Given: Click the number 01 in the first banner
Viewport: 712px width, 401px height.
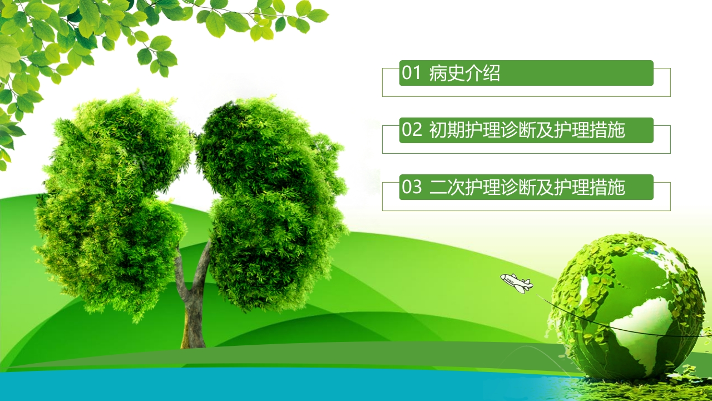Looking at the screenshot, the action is [411, 73].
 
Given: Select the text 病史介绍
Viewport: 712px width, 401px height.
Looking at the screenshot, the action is [464, 73].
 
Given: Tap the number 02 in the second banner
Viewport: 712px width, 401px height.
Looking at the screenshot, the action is [412, 130].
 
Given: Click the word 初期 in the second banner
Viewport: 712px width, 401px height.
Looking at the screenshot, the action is [447, 130].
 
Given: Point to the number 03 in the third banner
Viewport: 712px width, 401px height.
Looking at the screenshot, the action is [412, 187].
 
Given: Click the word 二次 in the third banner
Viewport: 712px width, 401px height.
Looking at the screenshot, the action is [447, 187].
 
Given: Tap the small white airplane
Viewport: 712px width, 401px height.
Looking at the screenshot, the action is [517, 283].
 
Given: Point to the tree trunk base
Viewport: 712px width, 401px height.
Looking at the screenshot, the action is [193, 338].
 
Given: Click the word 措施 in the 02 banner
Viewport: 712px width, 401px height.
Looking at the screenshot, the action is [607, 130].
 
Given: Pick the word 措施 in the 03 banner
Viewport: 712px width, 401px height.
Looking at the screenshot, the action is [607, 187].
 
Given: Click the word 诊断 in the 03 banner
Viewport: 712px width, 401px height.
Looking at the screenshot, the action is [518, 187].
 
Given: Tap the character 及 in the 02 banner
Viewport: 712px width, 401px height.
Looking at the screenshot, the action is [545, 130].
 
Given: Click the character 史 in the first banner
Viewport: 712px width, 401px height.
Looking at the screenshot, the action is [456, 73].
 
